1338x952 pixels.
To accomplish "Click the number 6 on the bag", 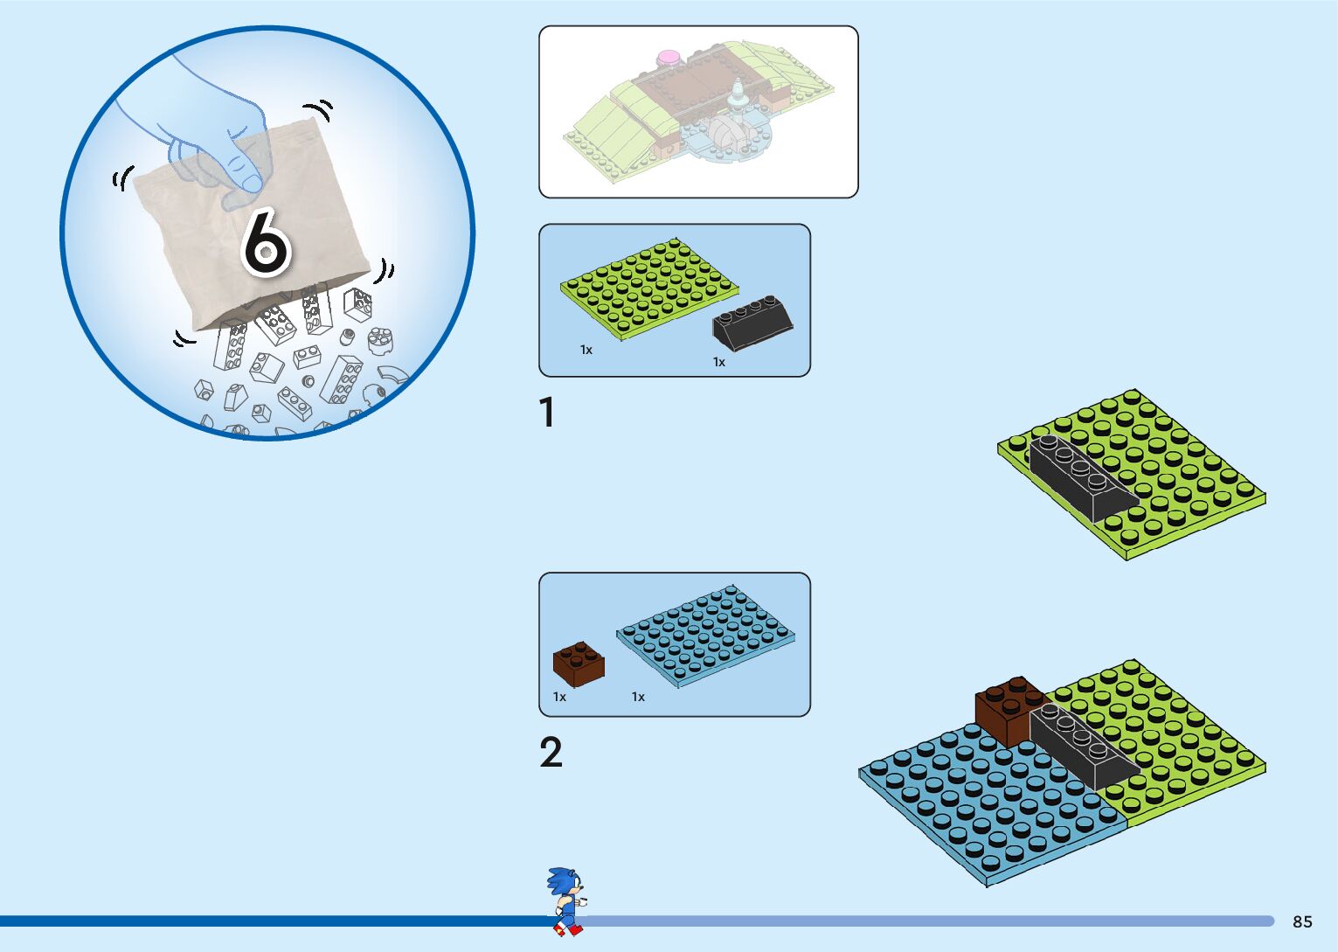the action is tap(265, 241).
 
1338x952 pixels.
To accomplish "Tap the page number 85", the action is tap(1302, 921).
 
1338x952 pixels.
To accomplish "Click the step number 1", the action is tap(548, 413).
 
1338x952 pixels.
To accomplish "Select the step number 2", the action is tap(551, 753).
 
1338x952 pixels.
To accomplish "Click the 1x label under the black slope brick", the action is tap(718, 362).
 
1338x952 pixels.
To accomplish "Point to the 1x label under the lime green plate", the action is tap(586, 350).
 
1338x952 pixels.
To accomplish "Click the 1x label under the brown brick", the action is tap(559, 697).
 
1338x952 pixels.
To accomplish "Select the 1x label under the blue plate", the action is tap(638, 697).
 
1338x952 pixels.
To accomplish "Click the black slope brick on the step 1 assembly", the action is tap(1078, 476).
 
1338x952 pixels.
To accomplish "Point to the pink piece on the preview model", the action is tap(669, 59).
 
